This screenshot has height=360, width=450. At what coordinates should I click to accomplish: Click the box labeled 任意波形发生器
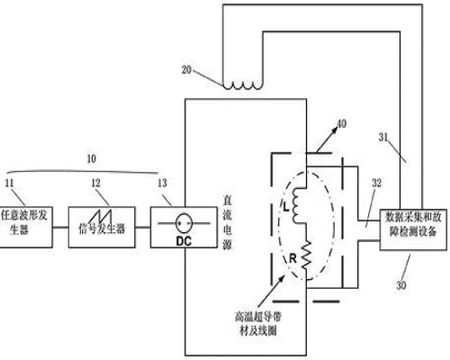(26, 227)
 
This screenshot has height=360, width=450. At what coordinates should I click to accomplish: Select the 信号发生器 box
(102, 227)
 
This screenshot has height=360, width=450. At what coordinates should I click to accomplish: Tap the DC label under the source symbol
(184, 241)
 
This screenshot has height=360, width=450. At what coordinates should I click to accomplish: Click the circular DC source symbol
(184, 223)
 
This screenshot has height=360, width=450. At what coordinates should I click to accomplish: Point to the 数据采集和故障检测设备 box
(413, 229)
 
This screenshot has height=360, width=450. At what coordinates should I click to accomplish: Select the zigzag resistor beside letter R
(306, 256)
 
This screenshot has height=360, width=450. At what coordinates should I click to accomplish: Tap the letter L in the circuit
(286, 206)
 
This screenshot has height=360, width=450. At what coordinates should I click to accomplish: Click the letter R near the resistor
(292, 258)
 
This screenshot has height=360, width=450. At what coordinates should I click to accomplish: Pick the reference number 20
(186, 70)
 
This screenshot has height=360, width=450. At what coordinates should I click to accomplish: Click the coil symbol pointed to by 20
(243, 85)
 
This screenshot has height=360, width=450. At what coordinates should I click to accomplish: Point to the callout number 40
(342, 123)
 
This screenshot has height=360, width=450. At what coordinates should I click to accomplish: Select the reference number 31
(383, 137)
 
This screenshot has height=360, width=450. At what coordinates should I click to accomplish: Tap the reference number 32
(376, 183)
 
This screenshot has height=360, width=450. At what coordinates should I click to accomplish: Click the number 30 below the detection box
(401, 285)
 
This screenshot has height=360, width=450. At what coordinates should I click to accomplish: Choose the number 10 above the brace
(92, 158)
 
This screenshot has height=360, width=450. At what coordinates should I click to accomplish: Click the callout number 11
(9, 183)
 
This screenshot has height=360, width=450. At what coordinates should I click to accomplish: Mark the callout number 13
(162, 183)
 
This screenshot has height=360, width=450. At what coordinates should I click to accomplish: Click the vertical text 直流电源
(227, 223)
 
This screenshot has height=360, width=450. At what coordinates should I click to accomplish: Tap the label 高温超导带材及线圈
(258, 324)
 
